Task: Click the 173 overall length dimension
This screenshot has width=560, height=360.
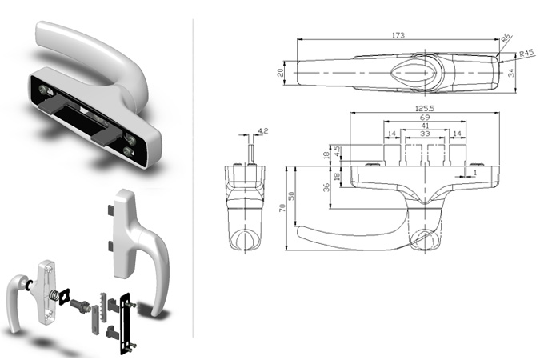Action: pos(398,35)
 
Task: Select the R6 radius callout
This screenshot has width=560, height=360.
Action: pos(506,38)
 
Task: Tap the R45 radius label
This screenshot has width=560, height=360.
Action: pos(526,54)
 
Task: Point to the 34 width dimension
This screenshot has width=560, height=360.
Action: pos(512,73)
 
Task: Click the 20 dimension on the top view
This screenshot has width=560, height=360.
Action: pos(281,73)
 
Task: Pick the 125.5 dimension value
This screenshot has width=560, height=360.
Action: pos(425,108)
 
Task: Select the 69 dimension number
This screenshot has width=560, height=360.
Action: pos(425,117)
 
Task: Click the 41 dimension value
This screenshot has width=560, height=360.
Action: pos(425,126)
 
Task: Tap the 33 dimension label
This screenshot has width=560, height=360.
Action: pos(425,134)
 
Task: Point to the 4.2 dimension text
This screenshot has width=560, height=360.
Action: pos(262,131)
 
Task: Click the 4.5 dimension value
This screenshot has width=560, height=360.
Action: pos(337,150)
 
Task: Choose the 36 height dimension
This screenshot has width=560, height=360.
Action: pos(326,187)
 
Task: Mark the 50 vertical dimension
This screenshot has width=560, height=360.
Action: pos(291,196)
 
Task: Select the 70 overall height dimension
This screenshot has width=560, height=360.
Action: pos(282,208)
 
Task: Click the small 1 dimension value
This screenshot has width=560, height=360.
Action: pos(474,173)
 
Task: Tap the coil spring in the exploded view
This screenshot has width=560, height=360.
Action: pos(54,296)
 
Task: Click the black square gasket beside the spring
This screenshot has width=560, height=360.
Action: pos(65,296)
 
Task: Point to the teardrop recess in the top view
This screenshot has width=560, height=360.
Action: pos(414,73)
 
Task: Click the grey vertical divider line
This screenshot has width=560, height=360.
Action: pos(194,178)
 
